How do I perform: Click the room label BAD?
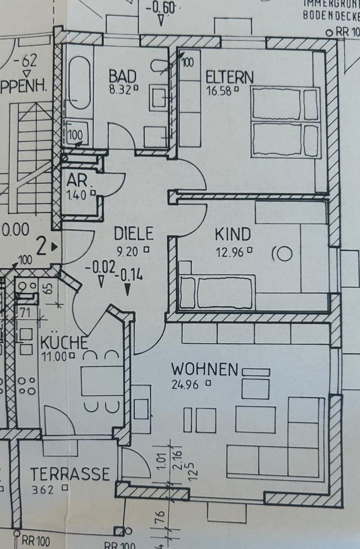coord(122,75)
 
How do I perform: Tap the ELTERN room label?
coord(229,77)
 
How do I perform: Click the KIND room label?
coord(232,234)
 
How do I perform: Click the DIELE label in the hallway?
coord(133,233)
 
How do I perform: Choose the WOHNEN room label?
coord(204,369)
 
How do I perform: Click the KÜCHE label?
coord(64,343)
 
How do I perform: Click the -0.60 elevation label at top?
coord(162,9)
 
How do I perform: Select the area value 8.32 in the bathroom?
coord(120,89)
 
